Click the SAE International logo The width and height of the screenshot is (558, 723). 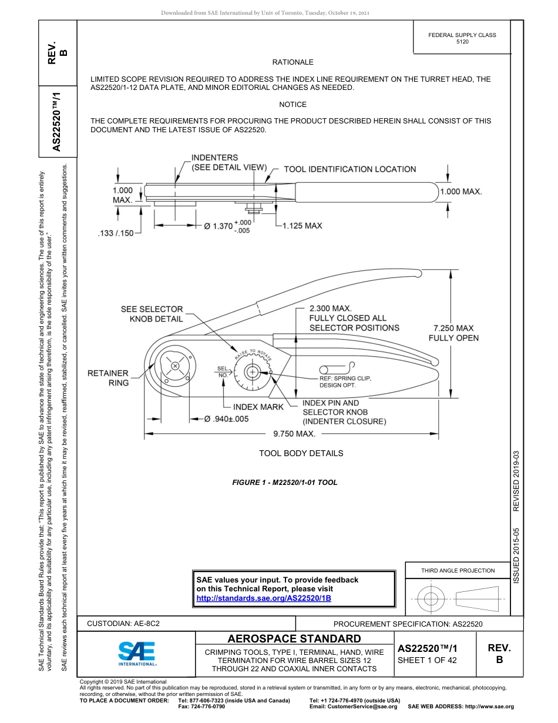point(137,652)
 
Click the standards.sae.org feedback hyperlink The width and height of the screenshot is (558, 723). point(263,598)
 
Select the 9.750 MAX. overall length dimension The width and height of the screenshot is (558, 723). point(294,434)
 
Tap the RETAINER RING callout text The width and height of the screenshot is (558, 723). point(108,377)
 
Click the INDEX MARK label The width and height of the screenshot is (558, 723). point(258,407)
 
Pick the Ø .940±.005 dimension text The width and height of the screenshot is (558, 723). point(226,419)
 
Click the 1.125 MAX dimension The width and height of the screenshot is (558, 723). point(302,226)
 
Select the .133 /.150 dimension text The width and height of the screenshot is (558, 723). point(115,233)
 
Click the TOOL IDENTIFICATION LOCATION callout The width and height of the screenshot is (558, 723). point(349,169)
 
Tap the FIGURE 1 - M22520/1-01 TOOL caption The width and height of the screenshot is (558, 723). point(285,483)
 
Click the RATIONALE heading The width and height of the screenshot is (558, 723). point(293,62)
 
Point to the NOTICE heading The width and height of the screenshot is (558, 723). point(293,105)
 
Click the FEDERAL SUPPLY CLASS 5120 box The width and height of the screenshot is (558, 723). point(462,38)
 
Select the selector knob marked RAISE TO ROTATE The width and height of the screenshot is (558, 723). point(253,371)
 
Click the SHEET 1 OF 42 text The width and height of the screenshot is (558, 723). point(427,660)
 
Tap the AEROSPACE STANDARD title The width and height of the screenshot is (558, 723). point(294,639)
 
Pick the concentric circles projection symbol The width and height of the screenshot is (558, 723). point(431,600)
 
